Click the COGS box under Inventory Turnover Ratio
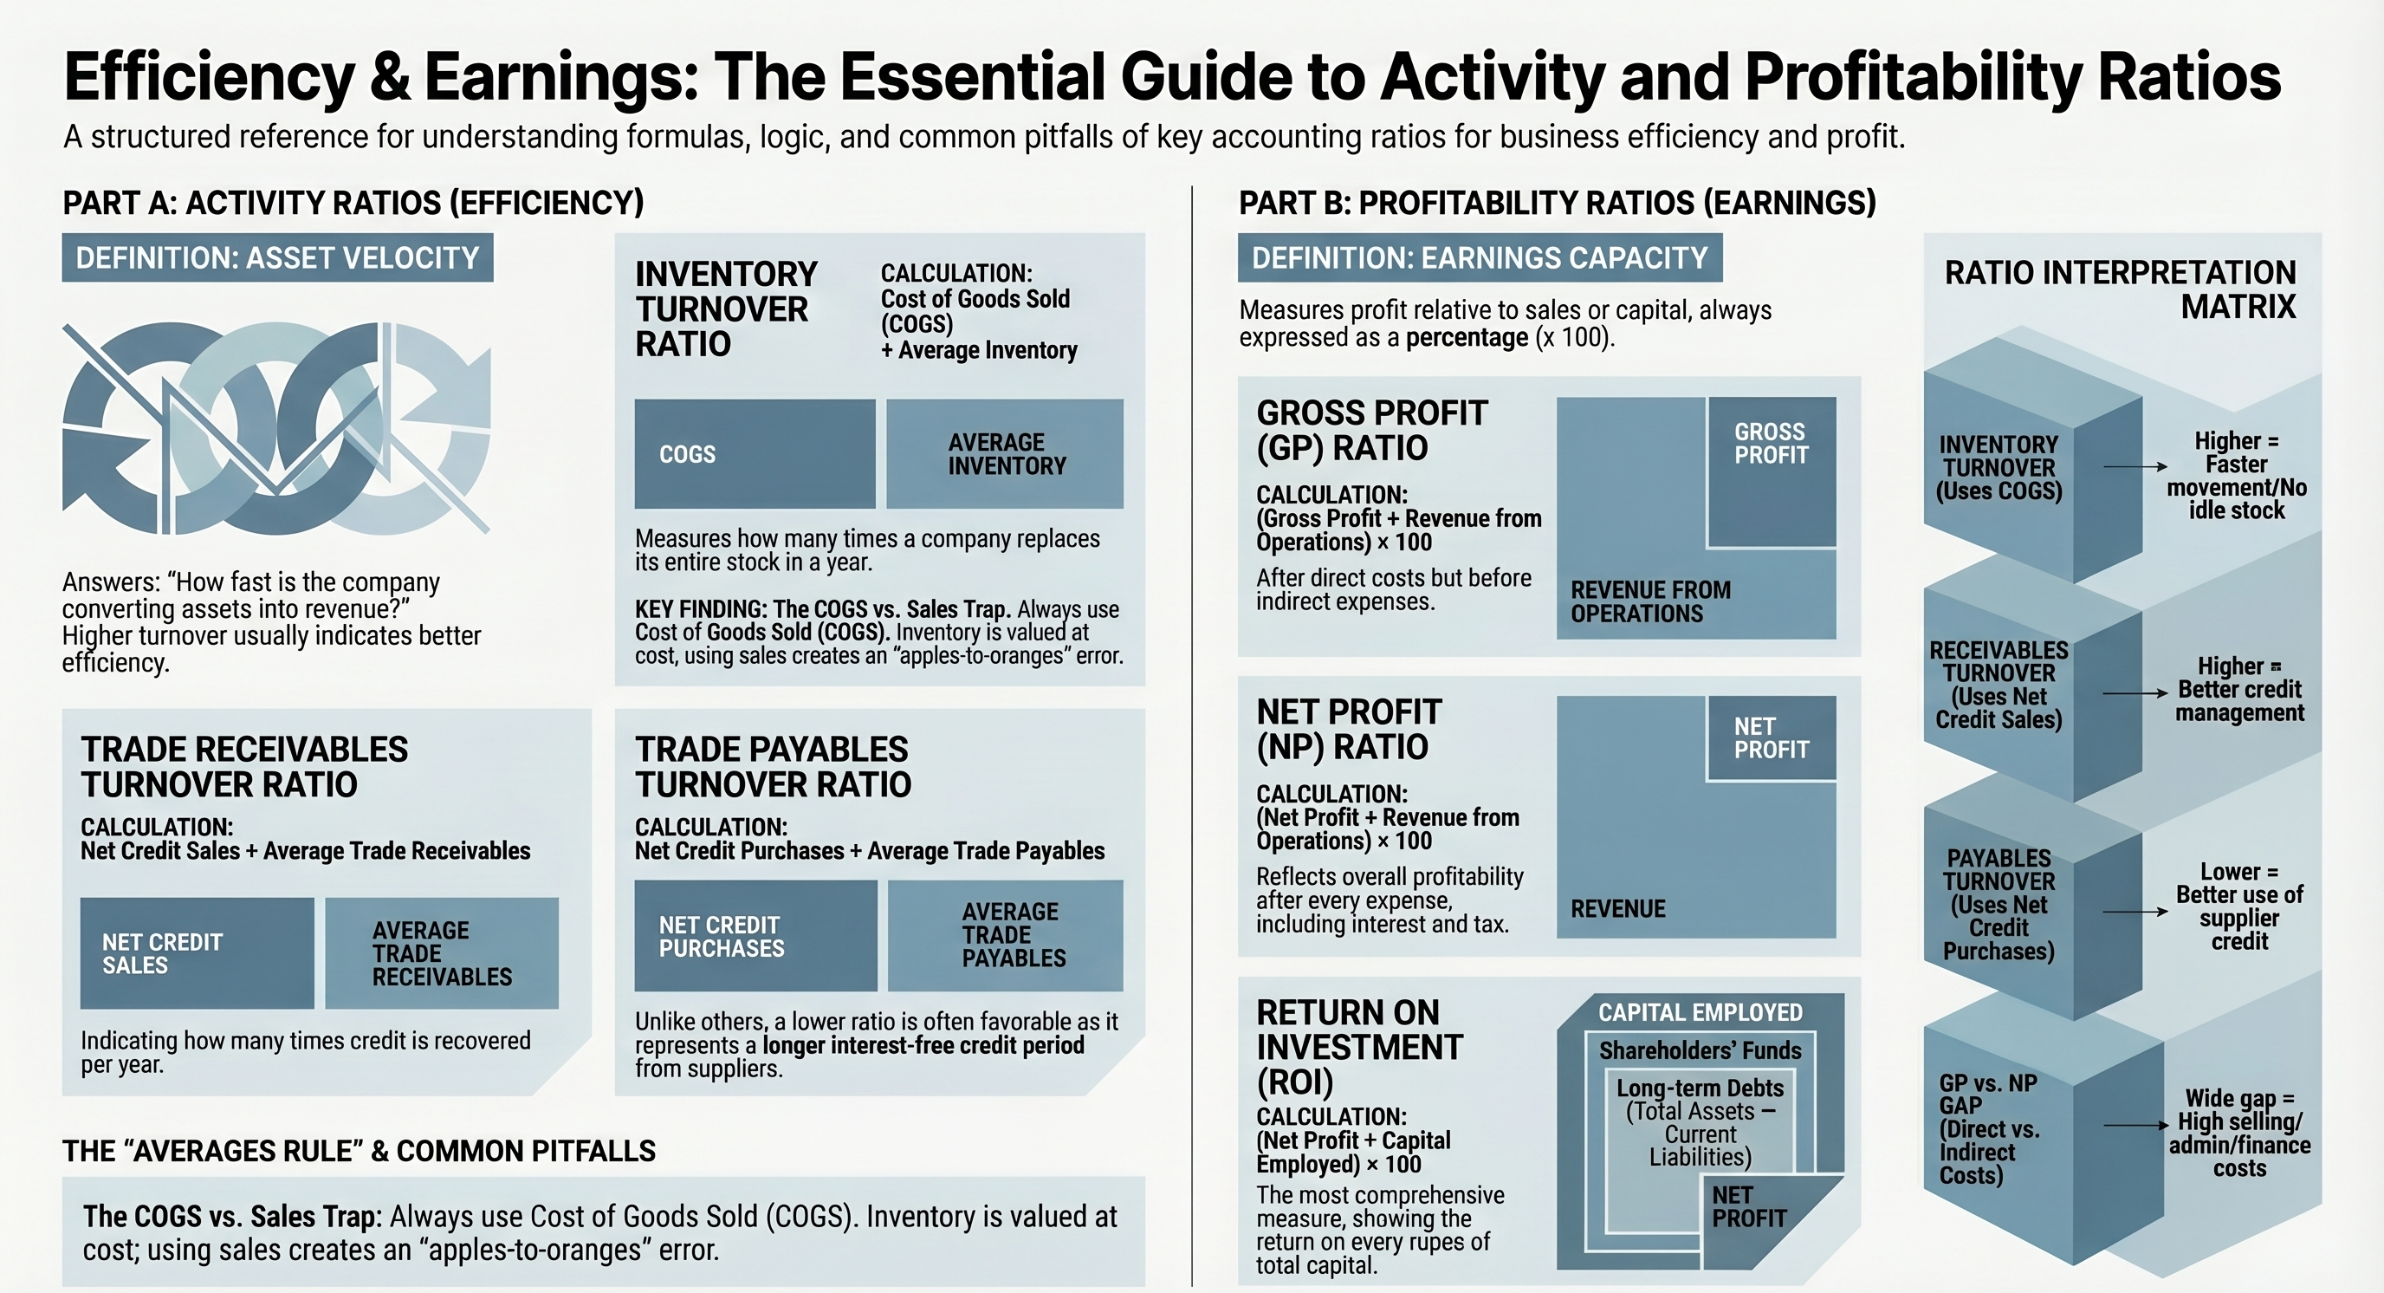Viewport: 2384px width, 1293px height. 755,453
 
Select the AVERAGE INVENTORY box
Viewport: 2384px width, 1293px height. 1005,453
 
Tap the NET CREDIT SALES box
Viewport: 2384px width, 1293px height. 196,953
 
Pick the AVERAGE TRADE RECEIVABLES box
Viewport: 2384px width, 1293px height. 442,953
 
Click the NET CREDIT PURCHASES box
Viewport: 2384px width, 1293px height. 755,936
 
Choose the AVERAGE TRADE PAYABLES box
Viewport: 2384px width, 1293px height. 1006,936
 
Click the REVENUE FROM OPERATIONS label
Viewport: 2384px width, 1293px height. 1650,601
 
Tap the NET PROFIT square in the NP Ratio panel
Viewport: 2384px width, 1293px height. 1772,737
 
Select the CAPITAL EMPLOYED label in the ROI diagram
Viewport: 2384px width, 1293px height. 1701,1012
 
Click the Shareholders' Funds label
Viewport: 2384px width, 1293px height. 1701,1050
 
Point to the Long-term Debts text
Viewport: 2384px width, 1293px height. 1701,1088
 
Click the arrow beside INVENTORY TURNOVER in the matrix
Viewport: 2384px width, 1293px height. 2135,466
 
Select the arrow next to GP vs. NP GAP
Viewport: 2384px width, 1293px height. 2135,1126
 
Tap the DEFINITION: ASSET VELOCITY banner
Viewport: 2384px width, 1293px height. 277,257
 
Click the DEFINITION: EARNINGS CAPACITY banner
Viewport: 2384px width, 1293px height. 1480,257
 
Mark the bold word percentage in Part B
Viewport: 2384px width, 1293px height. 1467,338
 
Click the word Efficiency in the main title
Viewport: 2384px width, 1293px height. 209,77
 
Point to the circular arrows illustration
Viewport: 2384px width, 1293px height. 275,428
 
